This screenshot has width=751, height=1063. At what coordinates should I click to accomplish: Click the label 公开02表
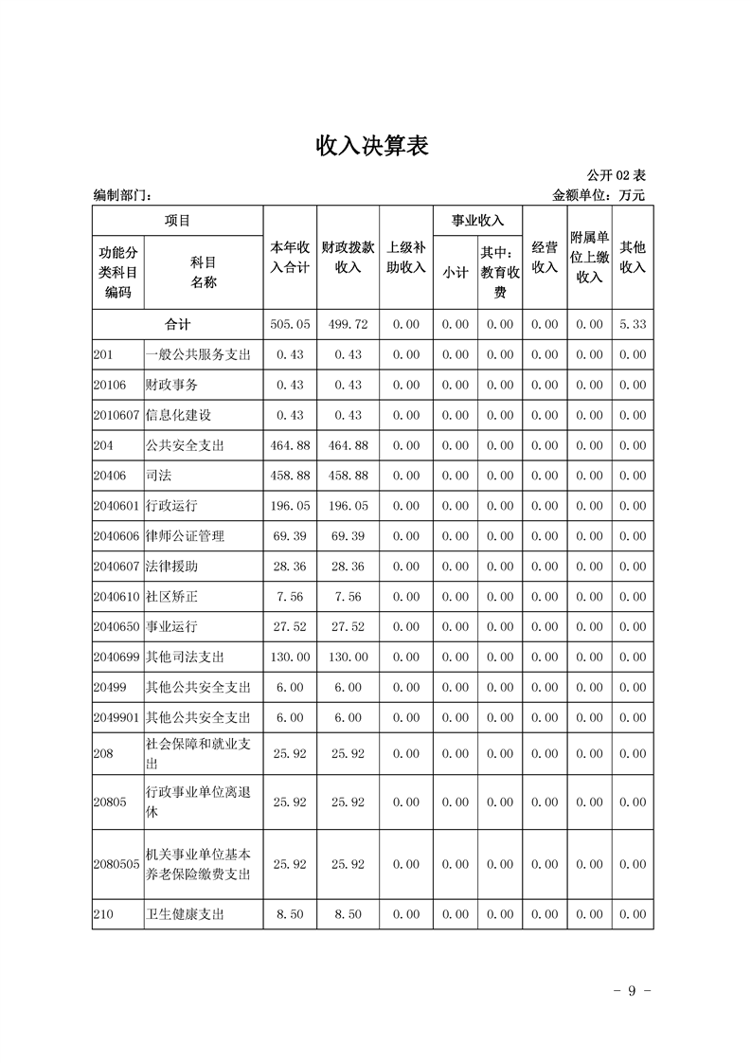pyautogui.click(x=616, y=175)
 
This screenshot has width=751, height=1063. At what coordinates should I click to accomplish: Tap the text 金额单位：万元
pyautogui.click(x=599, y=195)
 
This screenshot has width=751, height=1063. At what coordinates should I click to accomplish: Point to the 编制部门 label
pyautogui.click(x=122, y=195)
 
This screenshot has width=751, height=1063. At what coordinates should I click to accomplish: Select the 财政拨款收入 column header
pyautogui.click(x=348, y=257)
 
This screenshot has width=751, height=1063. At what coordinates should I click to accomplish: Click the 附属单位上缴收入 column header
pyautogui.click(x=589, y=257)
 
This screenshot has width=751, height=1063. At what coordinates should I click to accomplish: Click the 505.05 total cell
pyautogui.click(x=290, y=324)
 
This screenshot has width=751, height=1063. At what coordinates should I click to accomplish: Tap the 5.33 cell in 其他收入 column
pyautogui.click(x=632, y=324)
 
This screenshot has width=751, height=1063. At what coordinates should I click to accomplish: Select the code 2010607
pyautogui.click(x=116, y=415)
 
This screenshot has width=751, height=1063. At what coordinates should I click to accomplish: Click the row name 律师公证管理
pyautogui.click(x=185, y=536)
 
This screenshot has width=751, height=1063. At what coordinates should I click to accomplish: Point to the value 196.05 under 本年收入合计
pyautogui.click(x=290, y=506)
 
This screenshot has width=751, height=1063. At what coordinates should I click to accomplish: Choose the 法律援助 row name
pyautogui.click(x=171, y=567)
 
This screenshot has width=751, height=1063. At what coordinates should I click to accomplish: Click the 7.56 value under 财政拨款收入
pyautogui.click(x=348, y=597)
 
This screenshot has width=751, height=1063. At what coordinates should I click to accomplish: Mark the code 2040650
pyautogui.click(x=116, y=627)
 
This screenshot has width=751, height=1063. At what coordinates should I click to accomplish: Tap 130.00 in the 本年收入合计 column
pyautogui.click(x=290, y=658)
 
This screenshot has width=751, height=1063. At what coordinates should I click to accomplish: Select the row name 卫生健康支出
pyautogui.click(x=185, y=914)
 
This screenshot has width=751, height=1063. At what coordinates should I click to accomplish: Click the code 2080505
pyautogui.click(x=116, y=864)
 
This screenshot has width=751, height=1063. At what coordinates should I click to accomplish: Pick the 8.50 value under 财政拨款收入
pyautogui.click(x=348, y=914)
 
